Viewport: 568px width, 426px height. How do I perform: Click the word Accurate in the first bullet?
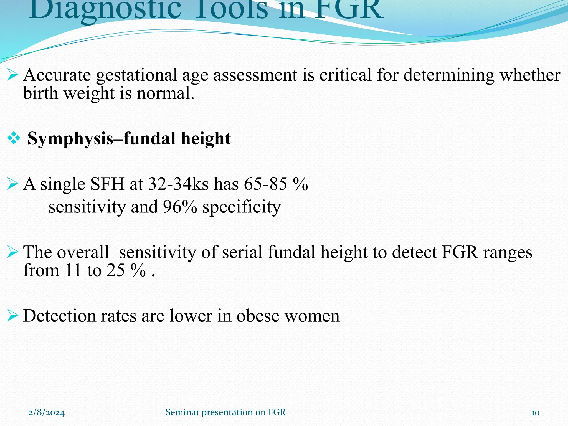click(57, 75)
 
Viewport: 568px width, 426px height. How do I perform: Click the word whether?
click(530, 75)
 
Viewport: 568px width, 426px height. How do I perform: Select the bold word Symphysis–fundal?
click(101, 138)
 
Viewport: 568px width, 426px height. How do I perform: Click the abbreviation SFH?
click(107, 184)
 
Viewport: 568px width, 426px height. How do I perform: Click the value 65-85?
click(265, 184)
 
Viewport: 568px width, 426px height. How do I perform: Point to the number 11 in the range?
click(73, 270)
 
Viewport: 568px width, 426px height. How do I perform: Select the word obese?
click(258, 316)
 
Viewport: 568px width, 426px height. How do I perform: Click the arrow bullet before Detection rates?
click(13, 316)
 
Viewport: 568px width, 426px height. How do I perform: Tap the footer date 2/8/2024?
click(47, 413)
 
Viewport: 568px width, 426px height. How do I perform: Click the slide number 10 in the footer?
click(535, 413)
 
